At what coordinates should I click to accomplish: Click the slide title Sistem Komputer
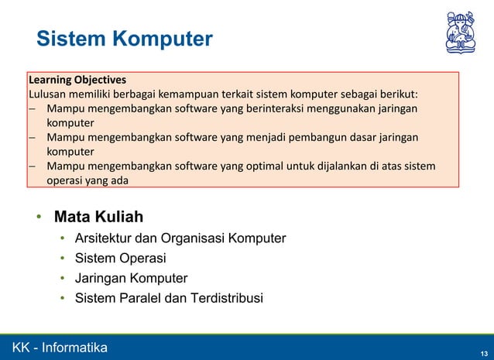[125, 39]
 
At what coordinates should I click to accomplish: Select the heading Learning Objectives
[77, 80]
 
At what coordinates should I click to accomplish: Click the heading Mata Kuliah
[98, 216]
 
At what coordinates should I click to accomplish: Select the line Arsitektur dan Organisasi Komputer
[180, 238]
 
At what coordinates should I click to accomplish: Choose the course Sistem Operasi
[120, 258]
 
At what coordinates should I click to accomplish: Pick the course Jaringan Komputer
[131, 278]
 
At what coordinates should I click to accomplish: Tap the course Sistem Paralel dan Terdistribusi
[169, 298]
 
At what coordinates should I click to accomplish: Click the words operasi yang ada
[87, 180]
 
